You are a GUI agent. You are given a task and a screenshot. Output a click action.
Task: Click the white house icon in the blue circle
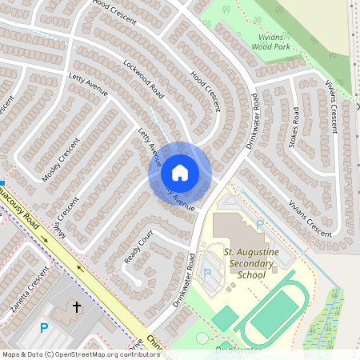pyautogui.click(x=179, y=173)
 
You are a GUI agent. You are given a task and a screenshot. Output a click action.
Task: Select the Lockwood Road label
pyautogui.click(x=143, y=80)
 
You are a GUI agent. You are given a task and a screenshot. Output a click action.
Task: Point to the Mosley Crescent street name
pyautogui.click(x=62, y=159)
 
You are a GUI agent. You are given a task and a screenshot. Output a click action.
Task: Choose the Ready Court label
pyautogui.click(x=138, y=249)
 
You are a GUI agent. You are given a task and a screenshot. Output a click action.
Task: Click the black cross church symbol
pyautogui.click(x=78, y=306)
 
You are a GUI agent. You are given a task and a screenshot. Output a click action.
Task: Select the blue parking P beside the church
pyautogui.click(x=44, y=328)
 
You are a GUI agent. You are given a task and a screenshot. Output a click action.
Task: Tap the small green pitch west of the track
pyautogui.click(x=225, y=317)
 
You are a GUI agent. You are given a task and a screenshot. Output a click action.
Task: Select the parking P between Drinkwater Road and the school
pyautogui.click(x=207, y=274)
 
